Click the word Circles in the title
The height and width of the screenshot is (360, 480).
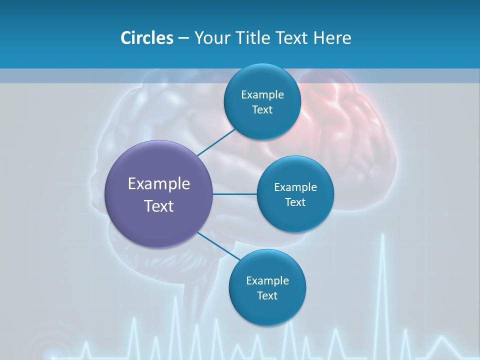click(146, 38)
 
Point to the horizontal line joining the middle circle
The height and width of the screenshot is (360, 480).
click(234, 194)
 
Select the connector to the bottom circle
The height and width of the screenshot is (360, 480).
click(216, 244)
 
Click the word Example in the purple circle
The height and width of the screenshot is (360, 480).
click(159, 184)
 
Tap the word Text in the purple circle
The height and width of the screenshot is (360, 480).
click(159, 206)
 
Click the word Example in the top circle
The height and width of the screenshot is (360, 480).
click(262, 95)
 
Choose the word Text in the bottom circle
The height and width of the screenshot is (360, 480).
click(267, 295)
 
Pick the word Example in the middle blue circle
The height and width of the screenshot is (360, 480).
click(295, 187)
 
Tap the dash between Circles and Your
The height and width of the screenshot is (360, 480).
click(183, 38)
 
